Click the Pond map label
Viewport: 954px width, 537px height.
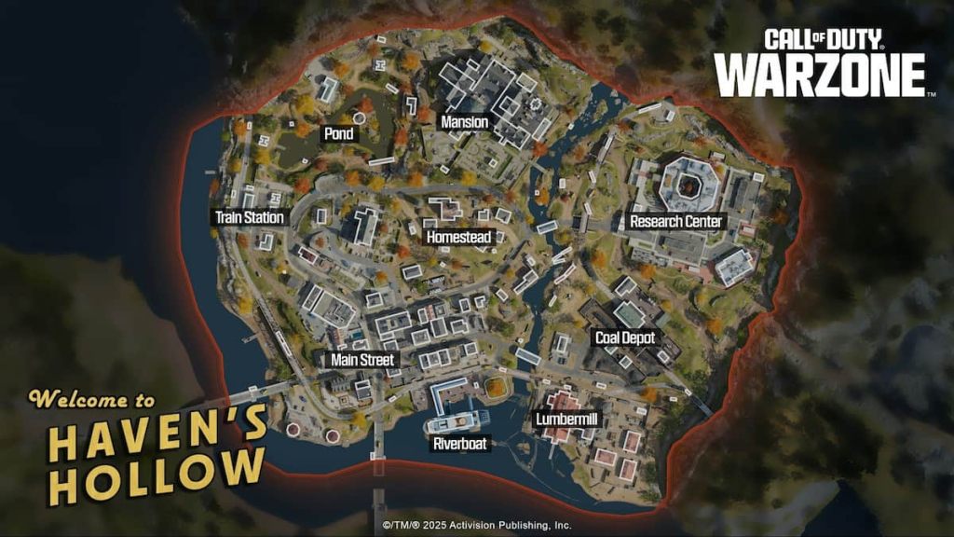coord(338,134)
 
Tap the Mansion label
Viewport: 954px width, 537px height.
coord(464,122)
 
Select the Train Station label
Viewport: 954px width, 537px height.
coord(249,218)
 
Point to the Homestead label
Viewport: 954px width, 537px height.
coord(458,238)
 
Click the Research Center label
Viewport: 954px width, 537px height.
coord(675,222)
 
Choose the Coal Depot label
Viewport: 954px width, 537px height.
coord(625,337)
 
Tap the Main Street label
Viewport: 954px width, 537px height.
coord(363,359)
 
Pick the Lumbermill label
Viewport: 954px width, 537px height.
coord(566,420)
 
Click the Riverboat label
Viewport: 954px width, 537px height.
coord(460,444)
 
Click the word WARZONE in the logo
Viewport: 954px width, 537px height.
coord(820,76)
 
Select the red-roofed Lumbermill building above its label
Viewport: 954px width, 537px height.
coord(563,403)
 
